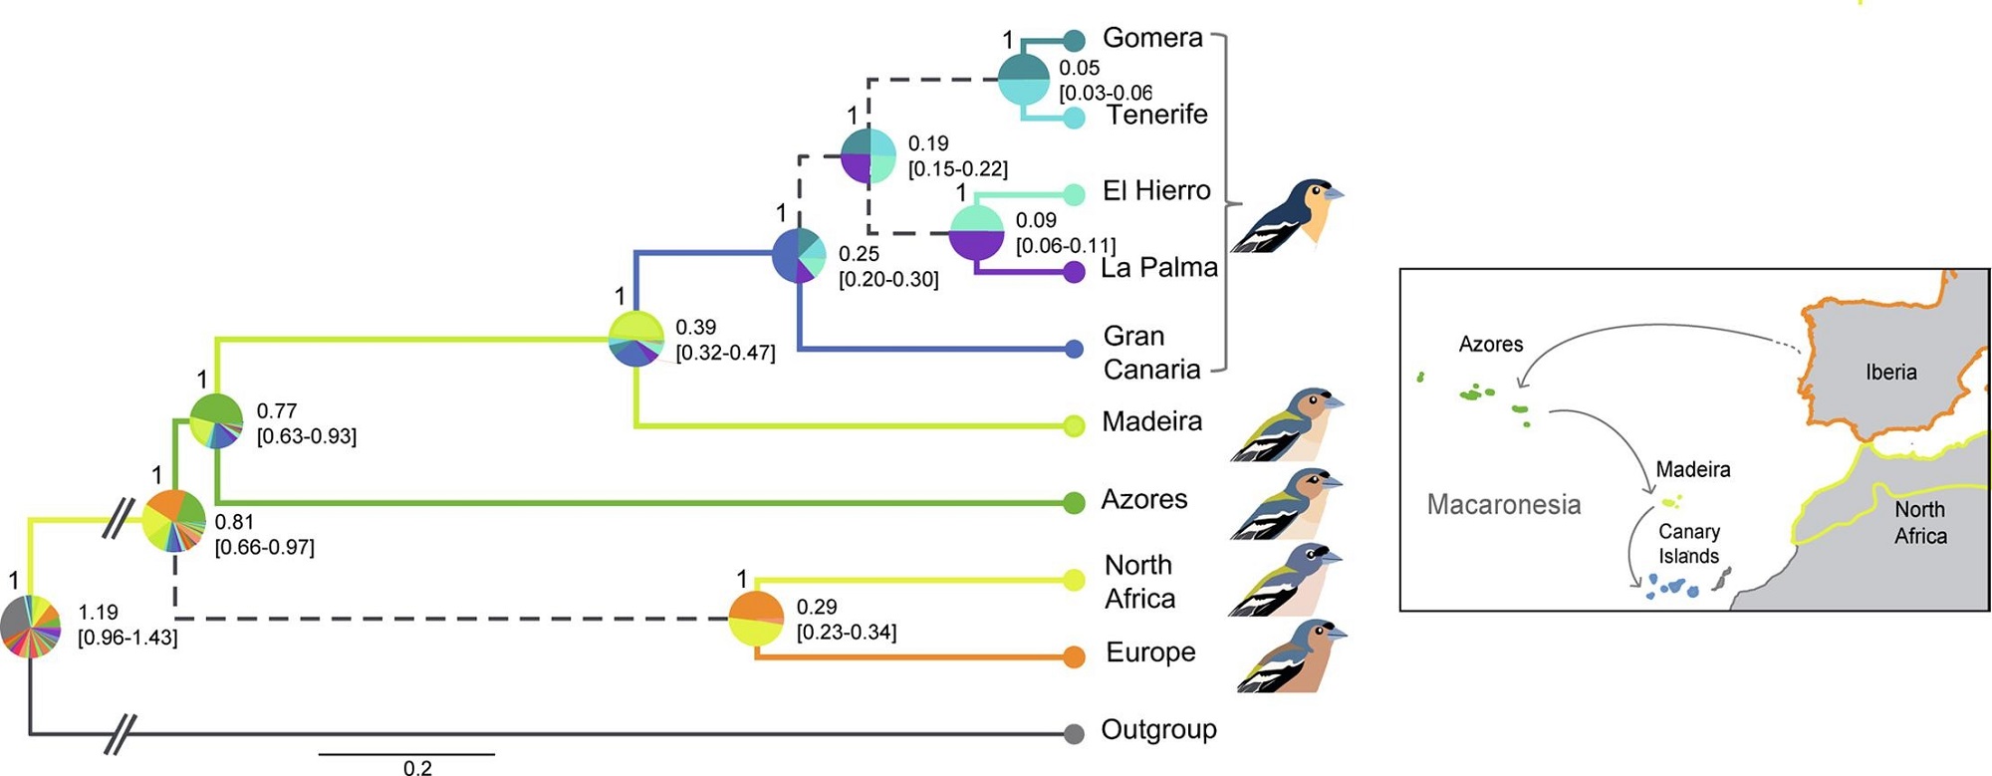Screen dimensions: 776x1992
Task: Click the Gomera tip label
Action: [1152, 38]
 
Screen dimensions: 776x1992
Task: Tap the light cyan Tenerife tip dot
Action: [1074, 118]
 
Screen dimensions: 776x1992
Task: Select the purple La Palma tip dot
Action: [1074, 271]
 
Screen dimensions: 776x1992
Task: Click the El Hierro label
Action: [1156, 190]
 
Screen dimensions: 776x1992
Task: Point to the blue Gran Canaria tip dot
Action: [1074, 349]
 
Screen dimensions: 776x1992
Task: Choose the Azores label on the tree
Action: [1143, 499]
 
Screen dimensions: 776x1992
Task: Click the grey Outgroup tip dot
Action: [1074, 734]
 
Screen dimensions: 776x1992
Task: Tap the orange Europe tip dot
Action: [1074, 656]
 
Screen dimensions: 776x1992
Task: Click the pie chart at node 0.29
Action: [756, 619]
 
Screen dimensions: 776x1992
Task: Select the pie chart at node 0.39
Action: [636, 339]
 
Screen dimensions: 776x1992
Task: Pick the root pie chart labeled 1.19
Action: [31, 627]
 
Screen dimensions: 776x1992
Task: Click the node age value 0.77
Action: [277, 410]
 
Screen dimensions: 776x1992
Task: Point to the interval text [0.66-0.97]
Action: [265, 547]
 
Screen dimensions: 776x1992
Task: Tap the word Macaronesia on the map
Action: [1503, 504]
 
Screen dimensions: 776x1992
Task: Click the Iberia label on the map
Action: [1890, 372]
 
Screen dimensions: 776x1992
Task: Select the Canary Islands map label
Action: [1688, 544]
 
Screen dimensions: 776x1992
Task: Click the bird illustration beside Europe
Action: [1291, 656]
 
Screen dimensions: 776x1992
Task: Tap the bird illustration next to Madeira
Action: [1287, 424]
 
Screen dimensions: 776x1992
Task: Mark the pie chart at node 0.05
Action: [1024, 79]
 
